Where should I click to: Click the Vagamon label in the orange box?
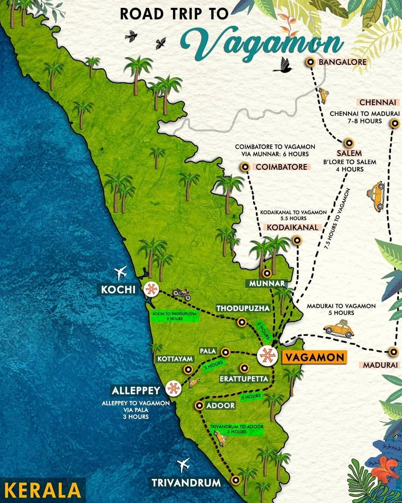313,357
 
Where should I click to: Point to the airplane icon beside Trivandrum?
184,464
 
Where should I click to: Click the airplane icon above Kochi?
121,273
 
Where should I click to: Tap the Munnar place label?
267,283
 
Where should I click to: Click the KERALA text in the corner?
43,490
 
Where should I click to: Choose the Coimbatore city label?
281,167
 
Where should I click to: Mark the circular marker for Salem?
349,143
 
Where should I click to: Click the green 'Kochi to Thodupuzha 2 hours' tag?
174,316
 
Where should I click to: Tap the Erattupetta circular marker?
244,368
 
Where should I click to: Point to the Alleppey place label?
136,390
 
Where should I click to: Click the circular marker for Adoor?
199,406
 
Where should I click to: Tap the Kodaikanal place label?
292,227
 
